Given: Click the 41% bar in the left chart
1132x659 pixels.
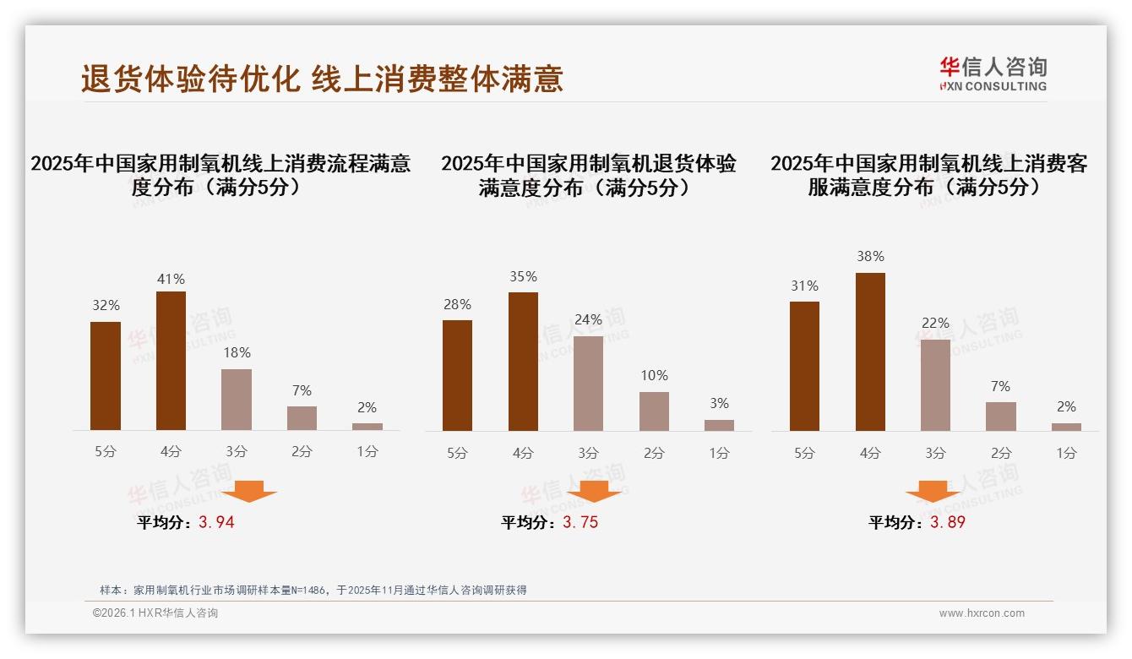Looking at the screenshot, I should (x=171, y=361).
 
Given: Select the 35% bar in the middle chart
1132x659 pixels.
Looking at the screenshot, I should (x=523, y=362).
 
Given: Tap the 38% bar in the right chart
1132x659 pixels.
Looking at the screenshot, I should (x=870, y=351).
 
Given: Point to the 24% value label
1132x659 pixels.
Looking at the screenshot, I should (x=588, y=320).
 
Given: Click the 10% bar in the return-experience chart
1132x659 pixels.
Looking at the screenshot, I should (x=654, y=411).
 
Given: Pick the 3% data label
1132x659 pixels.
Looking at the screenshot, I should (x=719, y=404).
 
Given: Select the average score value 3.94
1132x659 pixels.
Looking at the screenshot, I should (x=216, y=522).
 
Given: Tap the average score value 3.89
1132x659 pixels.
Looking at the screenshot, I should (x=947, y=522).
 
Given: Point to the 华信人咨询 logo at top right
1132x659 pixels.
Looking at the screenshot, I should (x=993, y=74).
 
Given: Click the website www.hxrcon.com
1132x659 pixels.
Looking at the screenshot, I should (x=982, y=613).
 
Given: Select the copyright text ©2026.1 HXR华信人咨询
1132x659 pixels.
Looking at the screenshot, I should (x=155, y=613).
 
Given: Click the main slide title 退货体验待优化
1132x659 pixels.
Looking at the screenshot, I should (x=190, y=79).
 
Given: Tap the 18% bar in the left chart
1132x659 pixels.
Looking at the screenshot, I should (x=237, y=400).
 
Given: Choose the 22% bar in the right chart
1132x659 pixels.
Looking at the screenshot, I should (x=935, y=385).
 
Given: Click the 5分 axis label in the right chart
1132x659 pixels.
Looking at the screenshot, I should (x=804, y=454).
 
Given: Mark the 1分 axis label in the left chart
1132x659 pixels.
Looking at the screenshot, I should (x=367, y=452).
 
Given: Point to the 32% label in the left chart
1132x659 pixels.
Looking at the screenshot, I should (x=106, y=306).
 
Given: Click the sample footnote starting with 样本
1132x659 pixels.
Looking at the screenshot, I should (x=313, y=590).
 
